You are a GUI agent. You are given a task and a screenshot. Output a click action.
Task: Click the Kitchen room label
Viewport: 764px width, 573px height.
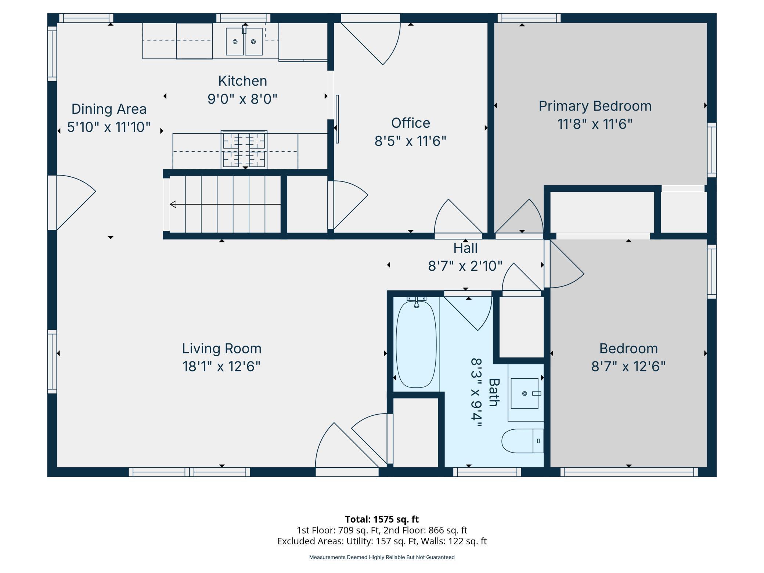pos(242,81)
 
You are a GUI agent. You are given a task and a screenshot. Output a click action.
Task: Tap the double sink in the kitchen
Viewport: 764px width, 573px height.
pos(244,42)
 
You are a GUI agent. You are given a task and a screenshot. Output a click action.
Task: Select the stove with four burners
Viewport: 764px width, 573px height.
pos(244,150)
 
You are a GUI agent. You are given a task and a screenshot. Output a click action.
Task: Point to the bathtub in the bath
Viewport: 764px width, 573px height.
pos(416,344)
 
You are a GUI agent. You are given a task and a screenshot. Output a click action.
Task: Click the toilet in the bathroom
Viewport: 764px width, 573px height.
pos(522,441)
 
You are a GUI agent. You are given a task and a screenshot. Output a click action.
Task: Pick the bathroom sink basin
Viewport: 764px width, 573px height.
pos(525,393)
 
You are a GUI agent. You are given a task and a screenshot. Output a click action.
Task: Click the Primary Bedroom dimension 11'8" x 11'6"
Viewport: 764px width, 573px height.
pos(595,124)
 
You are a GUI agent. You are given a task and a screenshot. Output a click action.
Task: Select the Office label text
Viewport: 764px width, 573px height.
pos(410,123)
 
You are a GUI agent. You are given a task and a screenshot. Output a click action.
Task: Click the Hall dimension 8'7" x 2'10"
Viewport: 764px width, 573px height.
pos(465,266)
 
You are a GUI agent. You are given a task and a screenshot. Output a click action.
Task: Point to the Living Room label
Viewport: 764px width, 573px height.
pos(221,349)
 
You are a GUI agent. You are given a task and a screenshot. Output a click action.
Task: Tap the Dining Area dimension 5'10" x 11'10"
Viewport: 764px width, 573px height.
pos(109,127)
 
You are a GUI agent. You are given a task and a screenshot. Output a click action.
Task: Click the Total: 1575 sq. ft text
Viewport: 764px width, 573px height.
pos(382,519)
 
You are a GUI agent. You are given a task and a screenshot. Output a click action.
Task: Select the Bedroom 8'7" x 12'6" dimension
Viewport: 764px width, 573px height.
pos(628,367)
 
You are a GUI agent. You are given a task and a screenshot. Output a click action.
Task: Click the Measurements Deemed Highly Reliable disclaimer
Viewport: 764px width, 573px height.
pos(382,557)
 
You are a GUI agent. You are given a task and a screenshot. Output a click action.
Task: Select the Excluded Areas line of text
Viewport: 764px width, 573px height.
pos(382,541)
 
